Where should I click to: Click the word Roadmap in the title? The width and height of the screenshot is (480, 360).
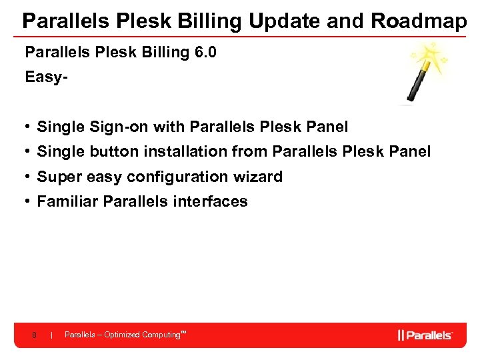point(419,21)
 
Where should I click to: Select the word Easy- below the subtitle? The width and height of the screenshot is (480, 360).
point(47,77)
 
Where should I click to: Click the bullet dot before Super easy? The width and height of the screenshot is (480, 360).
point(28,177)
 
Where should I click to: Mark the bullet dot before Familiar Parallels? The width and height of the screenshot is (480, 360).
point(28,201)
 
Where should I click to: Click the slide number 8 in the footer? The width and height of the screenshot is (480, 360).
point(34,335)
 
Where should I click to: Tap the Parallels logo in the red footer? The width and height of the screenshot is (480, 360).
point(425,335)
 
